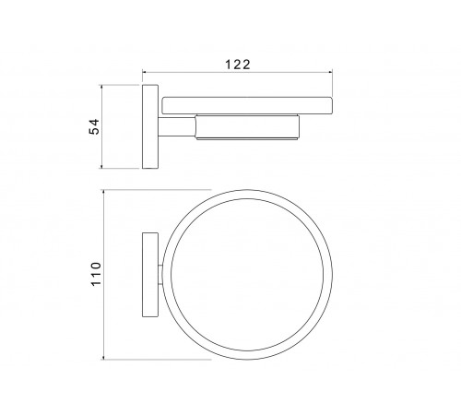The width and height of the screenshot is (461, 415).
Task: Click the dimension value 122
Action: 238,65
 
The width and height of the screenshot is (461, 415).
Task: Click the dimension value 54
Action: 94,126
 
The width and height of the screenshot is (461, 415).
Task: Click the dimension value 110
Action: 96,274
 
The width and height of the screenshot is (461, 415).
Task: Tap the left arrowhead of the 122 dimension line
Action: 145,72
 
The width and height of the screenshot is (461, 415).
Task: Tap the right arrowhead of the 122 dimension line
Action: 330,72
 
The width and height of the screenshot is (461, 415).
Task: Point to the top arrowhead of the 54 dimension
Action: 101,88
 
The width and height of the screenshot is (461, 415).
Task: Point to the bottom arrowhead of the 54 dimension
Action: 101,166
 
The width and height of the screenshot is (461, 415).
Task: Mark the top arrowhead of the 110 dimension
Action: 103,193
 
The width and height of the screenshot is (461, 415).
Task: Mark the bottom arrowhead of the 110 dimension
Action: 103,356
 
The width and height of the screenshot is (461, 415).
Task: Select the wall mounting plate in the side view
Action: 150,126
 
